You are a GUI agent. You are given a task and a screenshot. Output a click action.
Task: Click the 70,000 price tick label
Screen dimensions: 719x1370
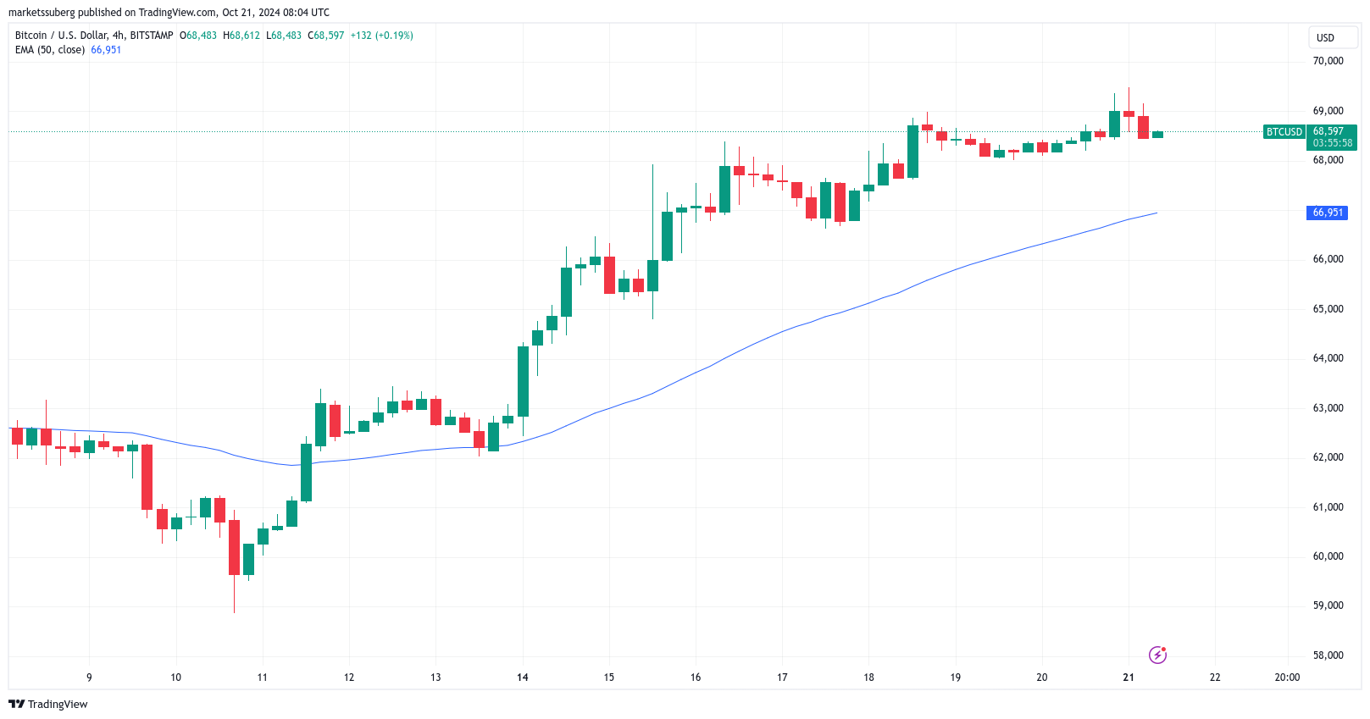click(1328, 61)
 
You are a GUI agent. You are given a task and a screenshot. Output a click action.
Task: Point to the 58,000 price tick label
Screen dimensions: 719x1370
click(1328, 655)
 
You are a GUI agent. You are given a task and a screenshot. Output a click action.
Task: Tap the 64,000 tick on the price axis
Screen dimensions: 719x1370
click(1328, 358)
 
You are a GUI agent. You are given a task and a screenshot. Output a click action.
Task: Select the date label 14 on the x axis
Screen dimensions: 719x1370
click(523, 678)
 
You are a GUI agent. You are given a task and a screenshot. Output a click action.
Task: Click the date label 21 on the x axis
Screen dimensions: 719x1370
click(1129, 678)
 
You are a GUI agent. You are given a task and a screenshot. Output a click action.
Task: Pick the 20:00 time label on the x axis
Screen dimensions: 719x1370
click(1287, 678)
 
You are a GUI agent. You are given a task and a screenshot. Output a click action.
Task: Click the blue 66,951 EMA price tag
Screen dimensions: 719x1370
click(1328, 213)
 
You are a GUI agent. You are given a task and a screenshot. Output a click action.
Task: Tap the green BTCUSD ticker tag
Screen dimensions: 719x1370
click(1284, 132)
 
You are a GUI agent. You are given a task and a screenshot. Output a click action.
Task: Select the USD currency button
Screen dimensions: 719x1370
click(1325, 38)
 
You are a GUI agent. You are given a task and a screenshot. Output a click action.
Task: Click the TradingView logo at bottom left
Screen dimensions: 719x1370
click(48, 705)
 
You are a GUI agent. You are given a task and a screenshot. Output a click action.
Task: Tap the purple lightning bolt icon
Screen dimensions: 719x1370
click(1157, 655)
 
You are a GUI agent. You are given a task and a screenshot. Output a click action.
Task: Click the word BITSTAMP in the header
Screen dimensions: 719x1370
click(152, 36)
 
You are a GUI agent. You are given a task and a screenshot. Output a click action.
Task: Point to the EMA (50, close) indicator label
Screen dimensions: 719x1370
click(50, 50)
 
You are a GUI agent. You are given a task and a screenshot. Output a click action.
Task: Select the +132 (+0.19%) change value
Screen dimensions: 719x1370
click(382, 36)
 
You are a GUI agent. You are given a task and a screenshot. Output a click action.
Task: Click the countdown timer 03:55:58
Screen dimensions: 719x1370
click(1333, 143)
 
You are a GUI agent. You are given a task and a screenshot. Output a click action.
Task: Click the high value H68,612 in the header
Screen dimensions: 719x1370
click(241, 36)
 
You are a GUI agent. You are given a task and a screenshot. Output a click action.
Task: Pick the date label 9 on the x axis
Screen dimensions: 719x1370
click(89, 678)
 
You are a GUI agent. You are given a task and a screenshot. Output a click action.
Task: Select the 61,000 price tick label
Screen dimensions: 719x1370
click(1328, 507)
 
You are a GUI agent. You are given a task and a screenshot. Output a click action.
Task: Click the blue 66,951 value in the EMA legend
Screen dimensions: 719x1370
click(106, 50)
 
